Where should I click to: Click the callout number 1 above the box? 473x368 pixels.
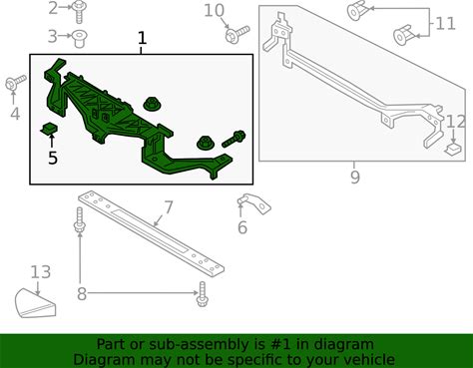tap(142, 38)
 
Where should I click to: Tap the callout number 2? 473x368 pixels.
tap(53, 8)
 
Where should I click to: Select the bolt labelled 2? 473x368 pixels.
tap(79, 12)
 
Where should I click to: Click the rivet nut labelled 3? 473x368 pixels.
tap(80, 39)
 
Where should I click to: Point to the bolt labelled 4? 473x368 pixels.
tap(15, 83)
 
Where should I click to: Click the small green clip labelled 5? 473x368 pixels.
tap(49, 129)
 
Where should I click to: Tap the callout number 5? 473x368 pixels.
tap(53, 158)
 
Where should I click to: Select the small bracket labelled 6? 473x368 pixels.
tap(253, 203)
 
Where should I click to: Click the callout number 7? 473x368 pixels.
tap(169, 207)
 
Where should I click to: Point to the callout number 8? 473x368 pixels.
tap(82, 294)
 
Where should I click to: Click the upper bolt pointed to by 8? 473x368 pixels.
tap(80, 219)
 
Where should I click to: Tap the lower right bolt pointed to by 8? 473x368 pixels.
tap(203, 294)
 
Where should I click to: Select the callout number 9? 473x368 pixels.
tap(355, 177)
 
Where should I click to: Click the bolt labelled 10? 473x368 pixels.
tap(237, 34)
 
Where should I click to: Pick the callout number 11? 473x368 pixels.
tap(445, 24)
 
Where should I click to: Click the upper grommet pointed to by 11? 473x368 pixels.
tap(356, 11)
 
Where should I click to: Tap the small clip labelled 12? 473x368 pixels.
tap(453, 150)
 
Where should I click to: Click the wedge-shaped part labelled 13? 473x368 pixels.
tap(35, 304)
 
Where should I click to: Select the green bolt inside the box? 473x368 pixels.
tap(234, 139)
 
